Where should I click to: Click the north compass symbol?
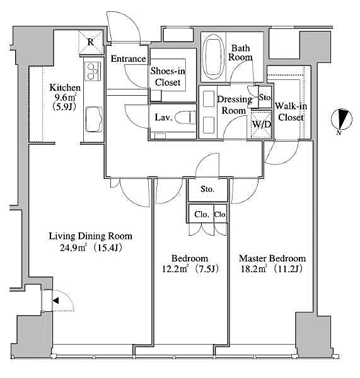(342, 120)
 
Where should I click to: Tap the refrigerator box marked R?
(91, 43)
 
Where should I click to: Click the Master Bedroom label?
(272, 258)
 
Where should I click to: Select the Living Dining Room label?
(91, 236)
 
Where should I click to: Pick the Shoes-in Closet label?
(168, 77)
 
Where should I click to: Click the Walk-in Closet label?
(291, 112)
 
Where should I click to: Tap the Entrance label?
(129, 59)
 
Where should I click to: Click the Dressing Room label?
(234, 105)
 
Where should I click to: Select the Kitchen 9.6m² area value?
(66, 98)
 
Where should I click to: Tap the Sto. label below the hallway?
(208, 189)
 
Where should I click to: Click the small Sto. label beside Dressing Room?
(265, 98)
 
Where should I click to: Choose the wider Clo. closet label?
(202, 214)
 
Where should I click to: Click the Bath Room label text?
(242, 52)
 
